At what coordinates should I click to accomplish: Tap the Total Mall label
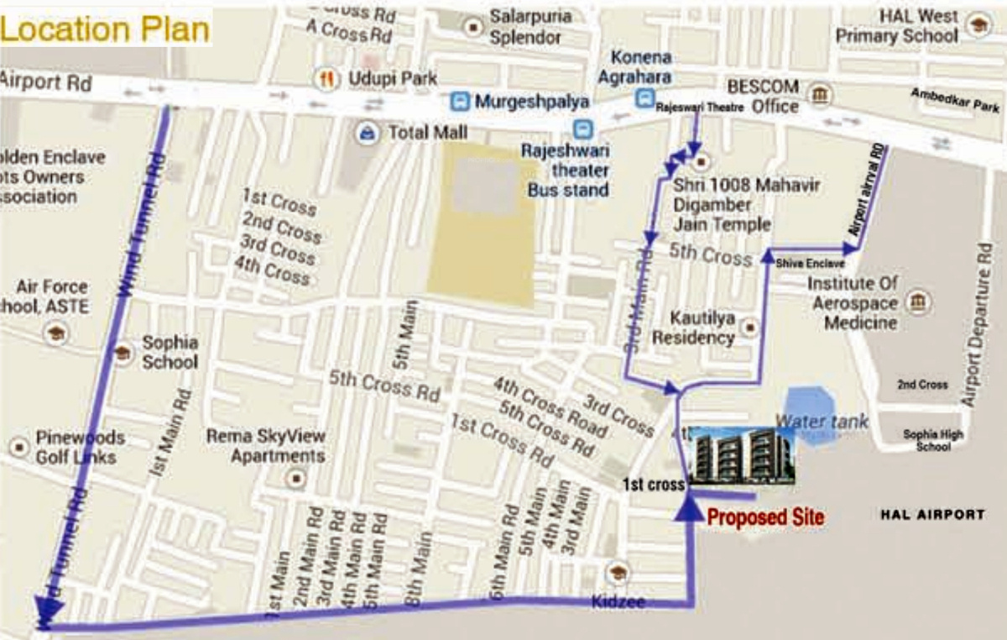pos(426,133)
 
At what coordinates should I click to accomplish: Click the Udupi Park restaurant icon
pos(326,79)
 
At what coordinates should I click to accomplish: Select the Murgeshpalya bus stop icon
pos(459,102)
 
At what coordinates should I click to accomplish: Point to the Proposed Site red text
pos(765,517)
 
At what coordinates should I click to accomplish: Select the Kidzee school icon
pos(619,571)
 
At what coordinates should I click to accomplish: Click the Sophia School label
pos(170,353)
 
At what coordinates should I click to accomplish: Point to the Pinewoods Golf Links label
pos(80,448)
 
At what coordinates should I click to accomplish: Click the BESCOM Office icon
pos(820,94)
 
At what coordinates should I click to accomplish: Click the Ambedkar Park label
pos(955,102)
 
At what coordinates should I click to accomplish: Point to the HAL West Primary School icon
pos(978,26)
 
